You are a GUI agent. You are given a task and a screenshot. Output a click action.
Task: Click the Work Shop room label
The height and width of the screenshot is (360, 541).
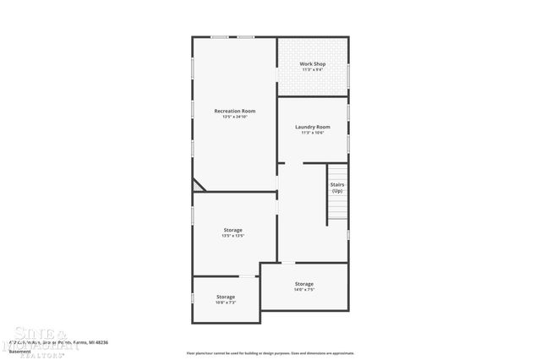pos(313,64)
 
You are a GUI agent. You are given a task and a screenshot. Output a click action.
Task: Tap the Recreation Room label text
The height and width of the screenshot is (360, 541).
pos(234,111)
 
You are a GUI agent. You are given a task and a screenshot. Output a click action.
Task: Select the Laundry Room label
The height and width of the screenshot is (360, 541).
pos(312,127)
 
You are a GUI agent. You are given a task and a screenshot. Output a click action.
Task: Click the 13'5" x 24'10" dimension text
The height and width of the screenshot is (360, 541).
pos(234,117)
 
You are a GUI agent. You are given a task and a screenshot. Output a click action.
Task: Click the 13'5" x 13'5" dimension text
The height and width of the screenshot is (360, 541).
pos(233,236)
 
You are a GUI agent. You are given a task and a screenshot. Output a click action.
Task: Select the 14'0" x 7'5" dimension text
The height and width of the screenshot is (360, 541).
pos(304,290)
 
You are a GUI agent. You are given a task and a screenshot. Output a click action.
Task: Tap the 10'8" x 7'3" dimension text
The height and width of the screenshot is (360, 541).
pos(225,303)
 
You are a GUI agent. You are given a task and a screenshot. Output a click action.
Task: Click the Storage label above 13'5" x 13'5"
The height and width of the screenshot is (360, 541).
pos(233,230)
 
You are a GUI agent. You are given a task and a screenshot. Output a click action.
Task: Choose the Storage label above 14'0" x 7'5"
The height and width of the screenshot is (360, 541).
pos(304,284)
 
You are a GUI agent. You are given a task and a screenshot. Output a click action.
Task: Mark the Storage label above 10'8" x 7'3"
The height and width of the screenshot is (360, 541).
pos(225,297)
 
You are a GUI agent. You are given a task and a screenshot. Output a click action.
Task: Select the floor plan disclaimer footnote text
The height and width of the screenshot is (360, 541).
pos(270,353)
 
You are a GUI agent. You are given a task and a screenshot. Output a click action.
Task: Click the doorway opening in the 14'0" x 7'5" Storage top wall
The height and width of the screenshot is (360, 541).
pos(287,263)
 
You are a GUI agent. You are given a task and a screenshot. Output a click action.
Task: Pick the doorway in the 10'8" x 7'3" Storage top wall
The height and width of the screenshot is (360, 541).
pos(247,276)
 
